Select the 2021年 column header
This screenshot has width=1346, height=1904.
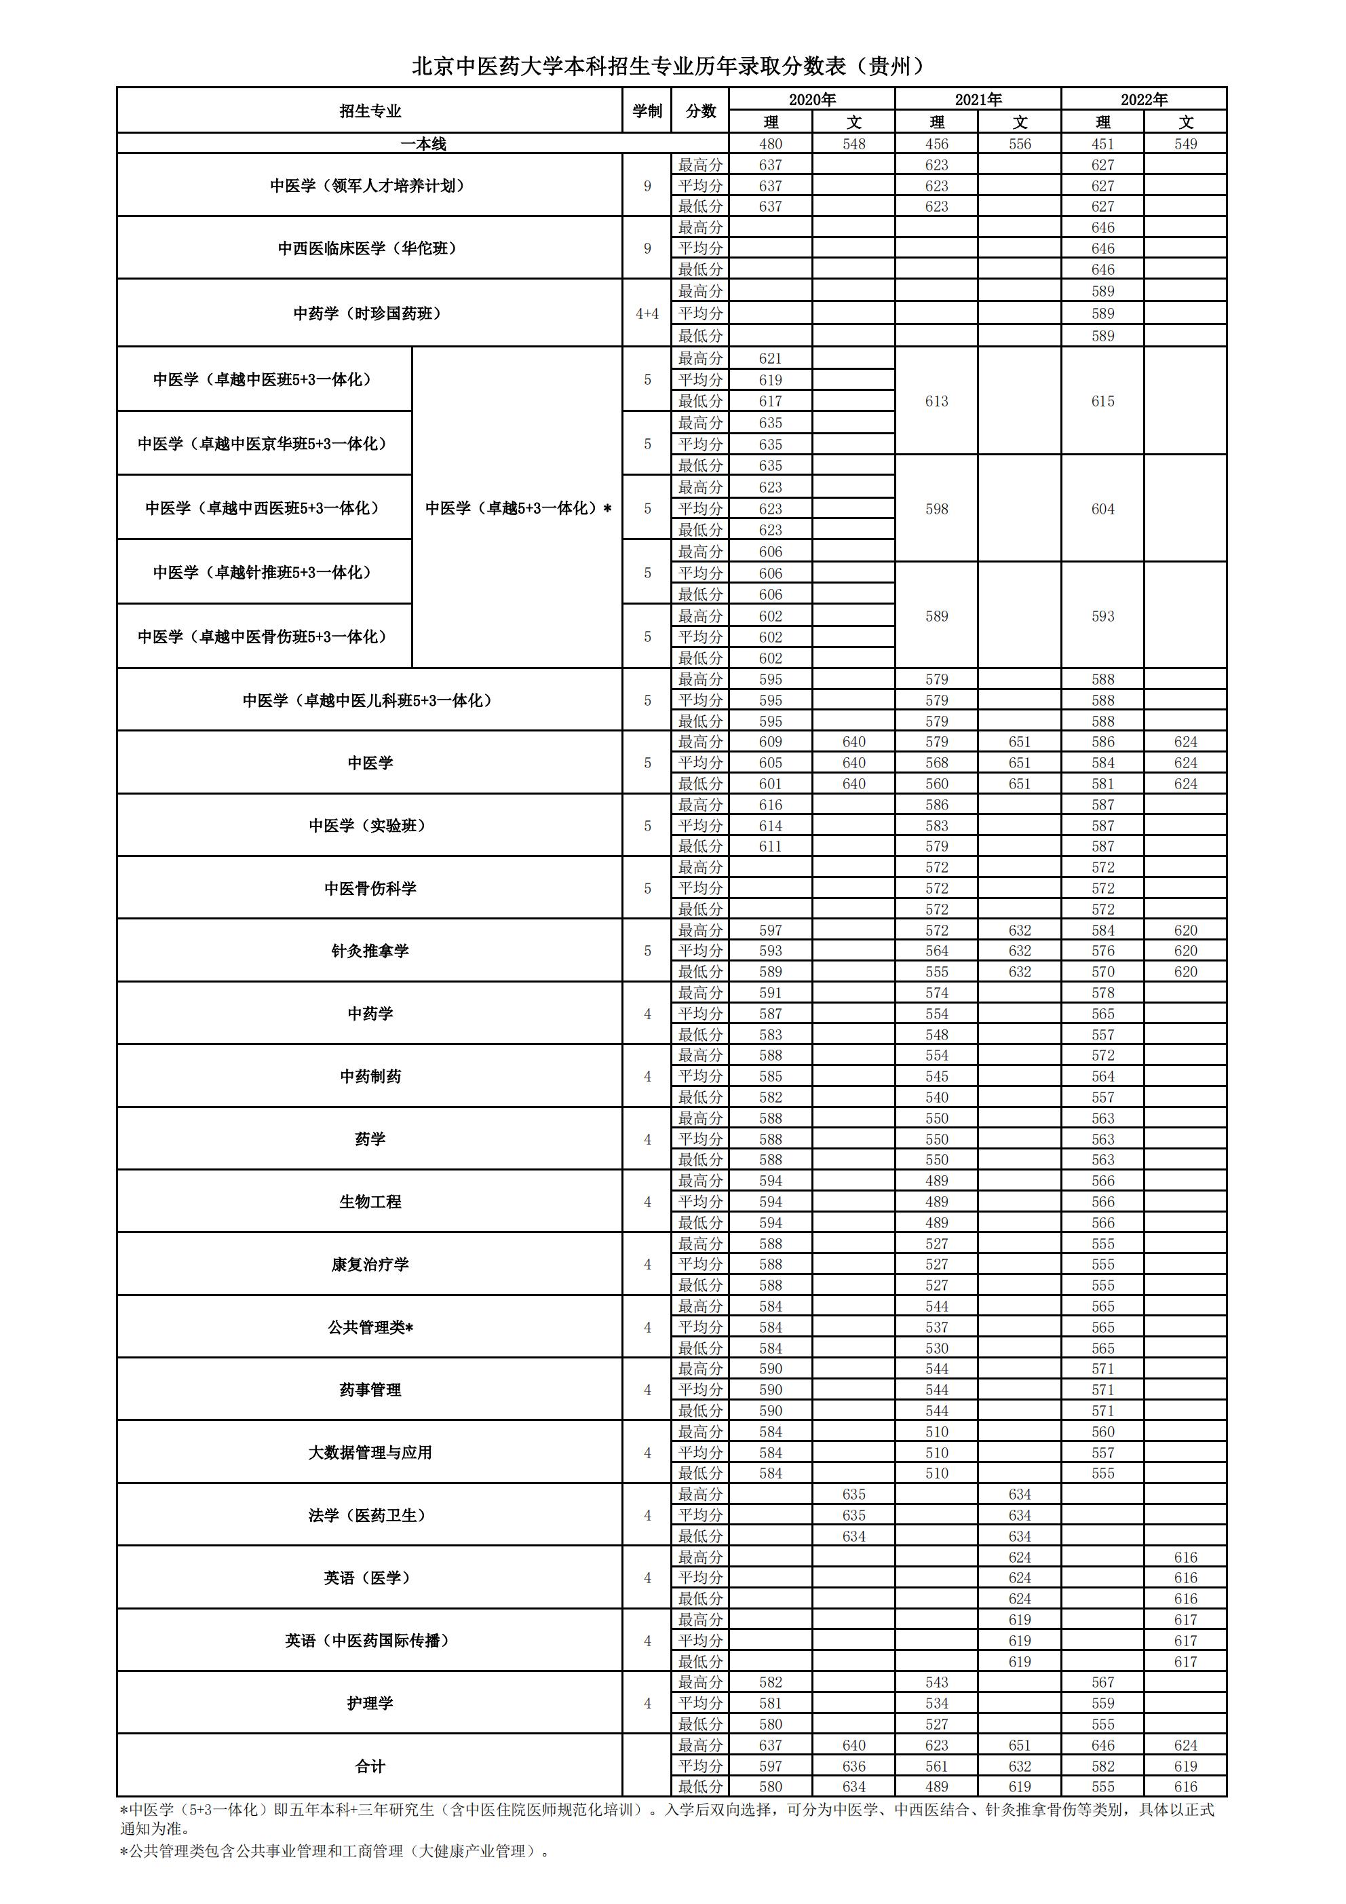pos(978,100)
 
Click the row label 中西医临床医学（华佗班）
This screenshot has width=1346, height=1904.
pos(369,248)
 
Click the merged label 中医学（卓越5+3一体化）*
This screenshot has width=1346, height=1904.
pos(518,508)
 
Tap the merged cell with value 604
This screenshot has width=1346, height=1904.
pos(1102,509)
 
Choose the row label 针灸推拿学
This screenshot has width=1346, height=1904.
pos(370,951)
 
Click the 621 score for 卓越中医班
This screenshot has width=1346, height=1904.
pos(771,358)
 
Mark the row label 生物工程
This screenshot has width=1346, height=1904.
pos(370,1202)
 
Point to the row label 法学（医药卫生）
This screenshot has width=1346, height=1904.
pos(370,1515)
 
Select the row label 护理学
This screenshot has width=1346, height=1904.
pos(370,1703)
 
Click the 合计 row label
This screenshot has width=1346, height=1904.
pos(370,1766)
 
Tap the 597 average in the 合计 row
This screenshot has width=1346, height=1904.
pos(771,1766)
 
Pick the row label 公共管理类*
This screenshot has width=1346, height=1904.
pos(370,1327)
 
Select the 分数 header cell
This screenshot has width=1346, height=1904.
pos(701,111)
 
